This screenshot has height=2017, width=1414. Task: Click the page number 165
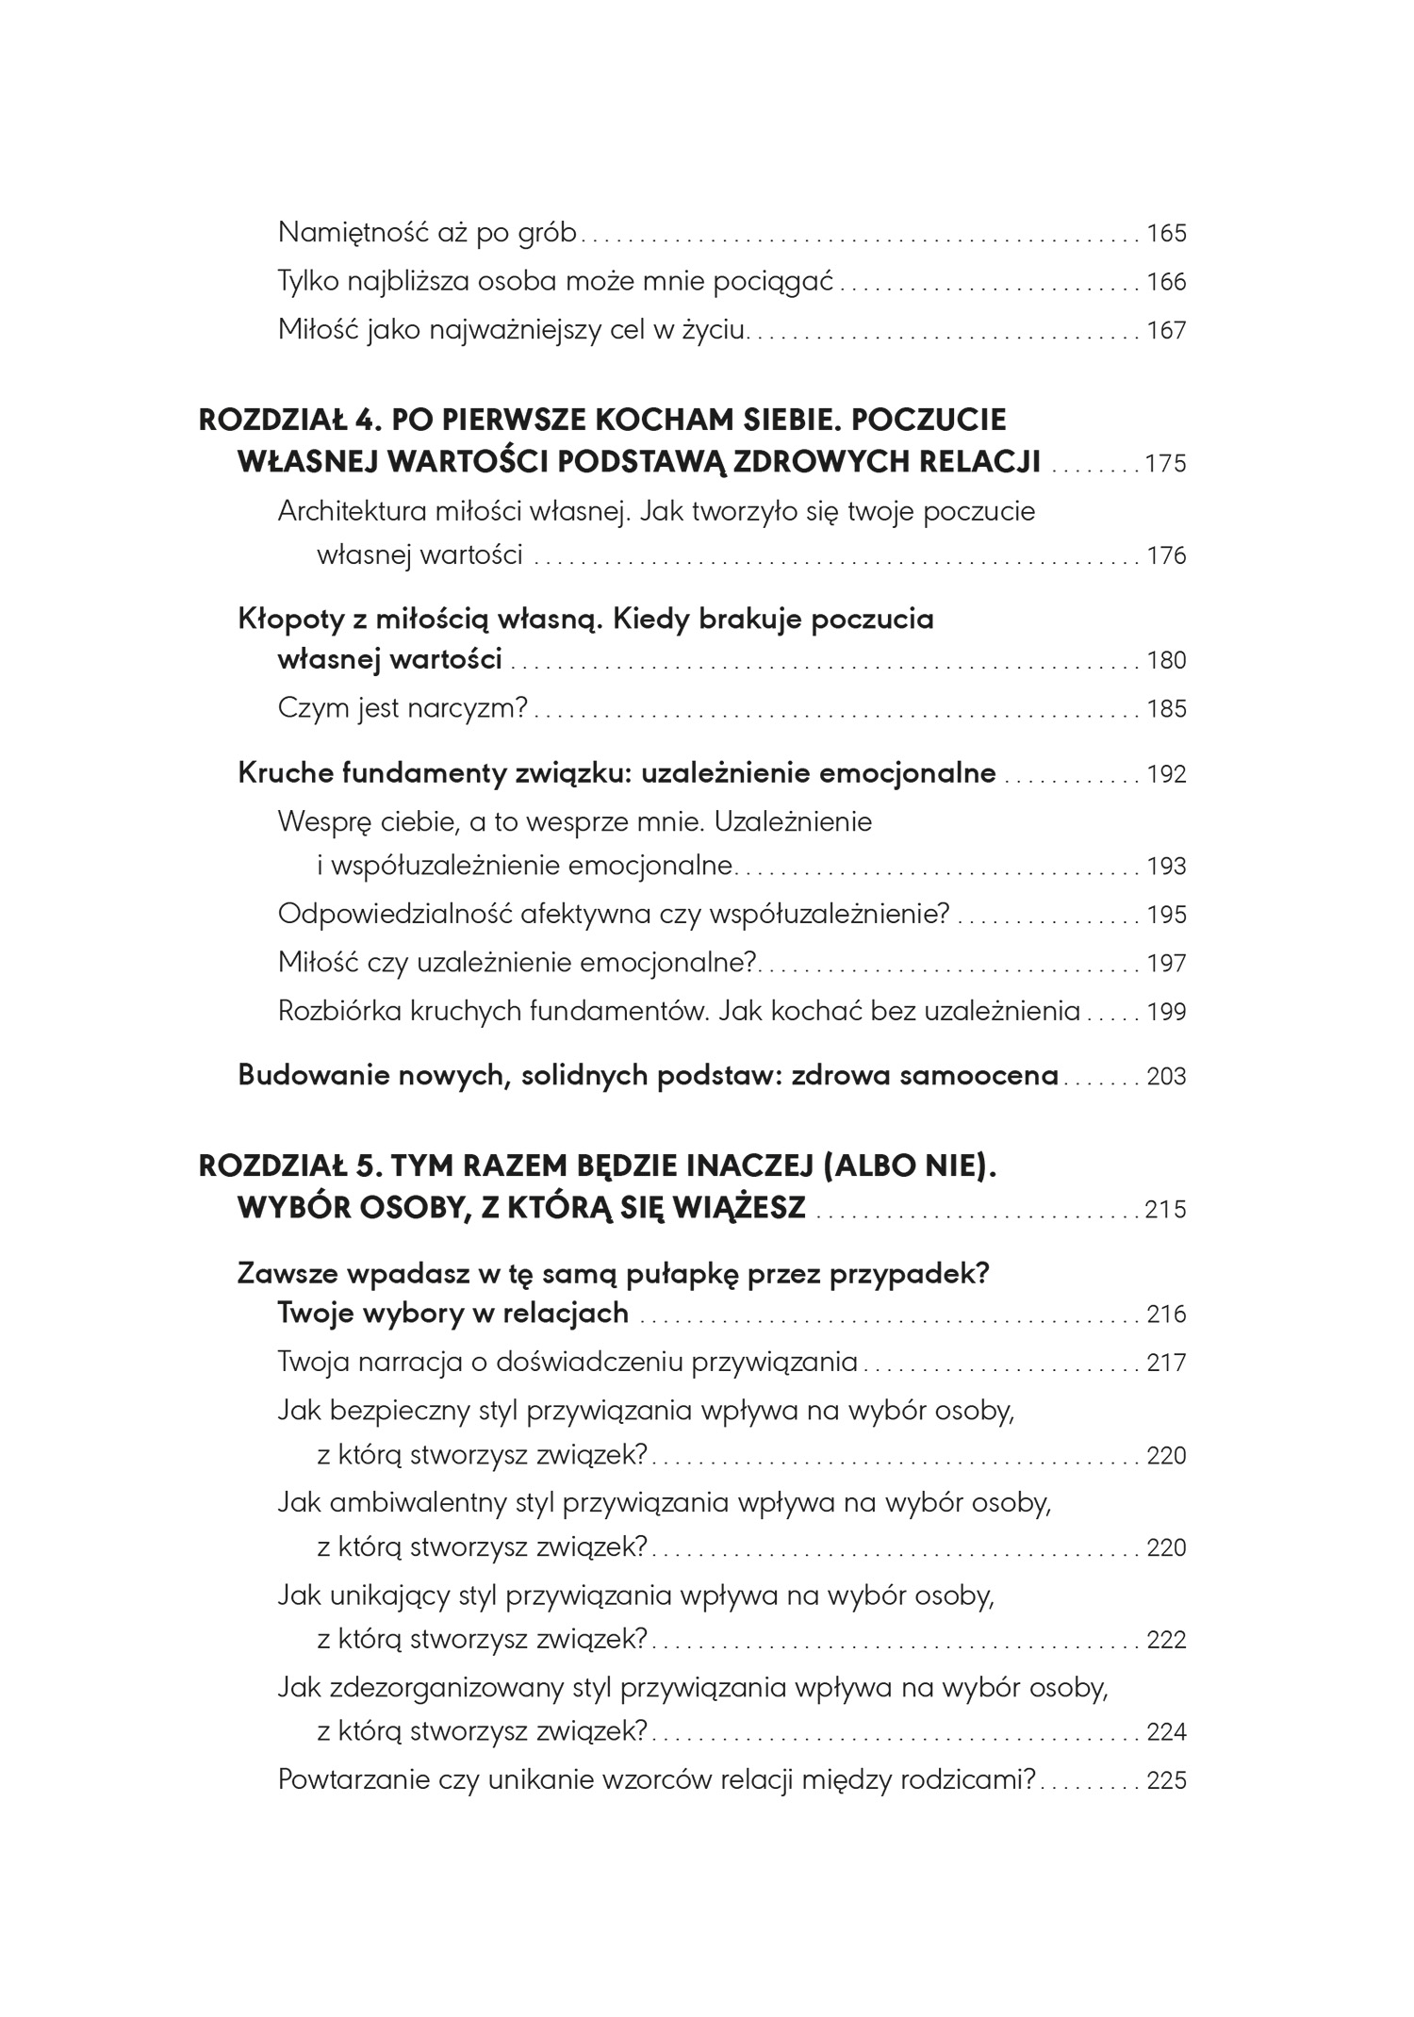(x=1166, y=233)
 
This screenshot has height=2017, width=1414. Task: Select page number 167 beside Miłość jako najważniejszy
(x=1166, y=331)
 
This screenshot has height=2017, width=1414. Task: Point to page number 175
(x=1165, y=464)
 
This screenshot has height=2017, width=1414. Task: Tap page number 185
(x=1166, y=709)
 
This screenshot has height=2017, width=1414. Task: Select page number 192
(x=1166, y=774)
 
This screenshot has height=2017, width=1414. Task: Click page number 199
(x=1166, y=1013)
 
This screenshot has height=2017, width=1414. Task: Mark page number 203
(x=1166, y=1077)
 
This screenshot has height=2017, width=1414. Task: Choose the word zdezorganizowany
(x=448, y=1687)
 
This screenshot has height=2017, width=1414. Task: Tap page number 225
(x=1166, y=1781)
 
